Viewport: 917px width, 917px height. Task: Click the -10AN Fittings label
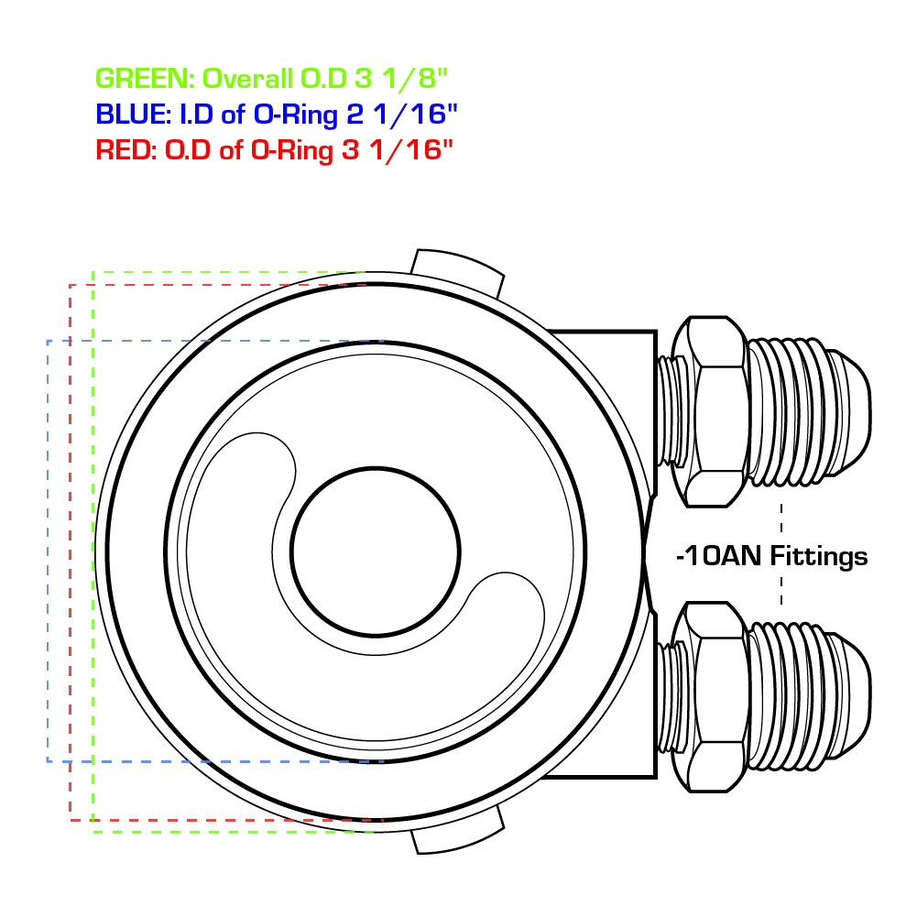tap(770, 555)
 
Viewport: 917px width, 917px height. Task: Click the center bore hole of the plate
tap(376, 551)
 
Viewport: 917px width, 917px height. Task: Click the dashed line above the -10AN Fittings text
tap(781, 519)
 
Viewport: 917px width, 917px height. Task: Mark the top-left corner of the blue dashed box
tap(48, 341)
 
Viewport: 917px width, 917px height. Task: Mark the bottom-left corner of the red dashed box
tap(71, 818)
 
